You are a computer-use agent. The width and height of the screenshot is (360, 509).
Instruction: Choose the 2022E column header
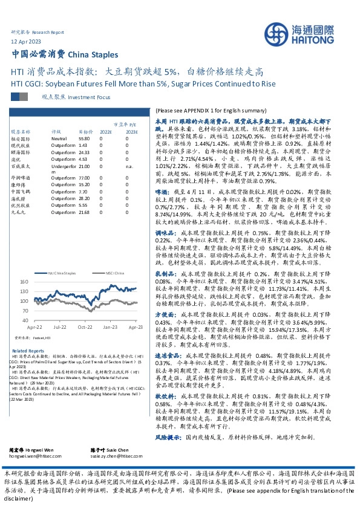[106, 131]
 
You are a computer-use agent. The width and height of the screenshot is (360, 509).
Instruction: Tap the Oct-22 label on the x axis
[84, 326]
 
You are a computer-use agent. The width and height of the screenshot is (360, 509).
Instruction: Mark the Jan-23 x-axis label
[110, 326]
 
